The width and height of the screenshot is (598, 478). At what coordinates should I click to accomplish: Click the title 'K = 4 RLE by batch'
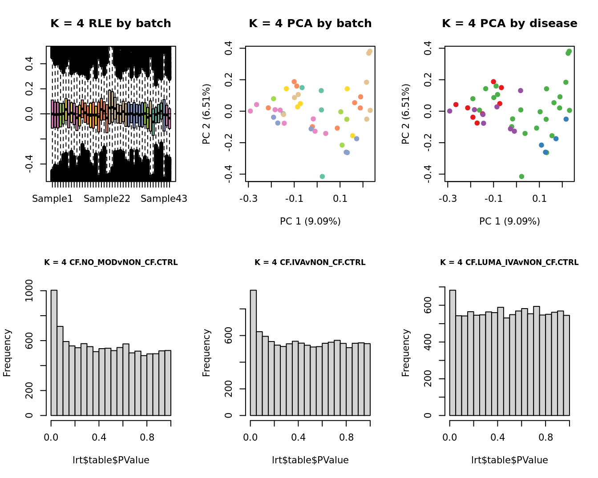pyautogui.click(x=111, y=24)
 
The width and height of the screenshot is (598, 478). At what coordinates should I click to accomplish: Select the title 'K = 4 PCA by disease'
pyautogui.click(x=509, y=24)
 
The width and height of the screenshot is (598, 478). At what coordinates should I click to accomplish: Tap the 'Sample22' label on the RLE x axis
pyautogui.click(x=107, y=199)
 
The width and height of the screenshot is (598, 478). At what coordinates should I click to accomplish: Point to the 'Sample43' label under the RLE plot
pyautogui.click(x=164, y=199)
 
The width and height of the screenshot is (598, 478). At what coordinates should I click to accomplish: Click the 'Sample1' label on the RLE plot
pyautogui.click(x=53, y=199)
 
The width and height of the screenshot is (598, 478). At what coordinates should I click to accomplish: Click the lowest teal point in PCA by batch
pyautogui.click(x=322, y=177)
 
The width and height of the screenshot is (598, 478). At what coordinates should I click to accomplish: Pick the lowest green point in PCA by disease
pyautogui.click(x=521, y=177)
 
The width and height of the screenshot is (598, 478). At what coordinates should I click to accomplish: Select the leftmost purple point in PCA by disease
pyautogui.click(x=449, y=111)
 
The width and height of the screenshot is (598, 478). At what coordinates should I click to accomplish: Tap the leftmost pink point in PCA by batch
pyautogui.click(x=250, y=111)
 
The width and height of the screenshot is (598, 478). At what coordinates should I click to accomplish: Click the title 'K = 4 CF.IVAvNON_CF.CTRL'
pyautogui.click(x=310, y=262)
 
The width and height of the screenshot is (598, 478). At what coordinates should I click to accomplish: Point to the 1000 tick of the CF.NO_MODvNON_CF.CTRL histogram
pyautogui.click(x=29, y=291)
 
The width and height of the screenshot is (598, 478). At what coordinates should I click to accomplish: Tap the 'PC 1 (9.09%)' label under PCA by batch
pyautogui.click(x=310, y=221)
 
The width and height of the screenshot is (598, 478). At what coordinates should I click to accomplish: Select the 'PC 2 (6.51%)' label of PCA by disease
pyautogui.click(x=406, y=114)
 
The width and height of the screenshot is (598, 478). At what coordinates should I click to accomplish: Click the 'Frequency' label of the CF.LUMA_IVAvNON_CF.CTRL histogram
pyautogui.click(x=406, y=353)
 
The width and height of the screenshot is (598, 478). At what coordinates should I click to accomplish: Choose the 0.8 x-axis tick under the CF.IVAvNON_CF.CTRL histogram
pyautogui.click(x=346, y=437)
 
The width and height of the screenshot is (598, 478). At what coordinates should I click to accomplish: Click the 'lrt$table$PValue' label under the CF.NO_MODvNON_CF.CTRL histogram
pyautogui.click(x=111, y=460)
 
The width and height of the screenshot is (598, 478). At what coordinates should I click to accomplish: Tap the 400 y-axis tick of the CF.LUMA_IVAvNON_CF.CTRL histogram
pyautogui.click(x=428, y=342)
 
